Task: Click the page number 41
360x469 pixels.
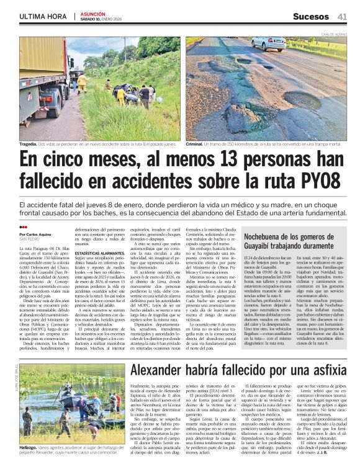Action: [342, 16]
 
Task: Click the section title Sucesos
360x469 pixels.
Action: [310, 16]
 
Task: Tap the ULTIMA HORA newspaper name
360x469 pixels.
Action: [43, 16]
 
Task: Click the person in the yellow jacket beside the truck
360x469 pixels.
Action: [81, 82]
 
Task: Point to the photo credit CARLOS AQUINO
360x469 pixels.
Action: [334, 35]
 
